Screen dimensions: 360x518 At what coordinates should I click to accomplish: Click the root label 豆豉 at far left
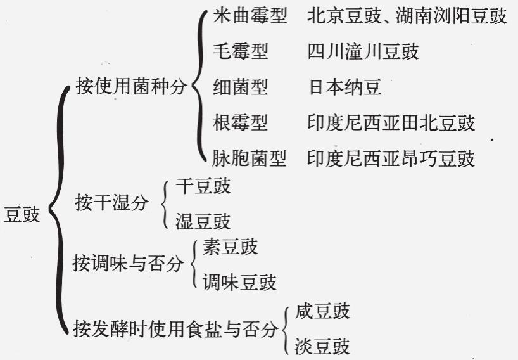(22, 214)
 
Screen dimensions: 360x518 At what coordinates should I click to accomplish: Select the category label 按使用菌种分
(132, 87)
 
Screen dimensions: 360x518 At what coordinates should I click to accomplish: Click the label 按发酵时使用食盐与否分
(175, 329)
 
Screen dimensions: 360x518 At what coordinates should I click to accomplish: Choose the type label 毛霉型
(241, 51)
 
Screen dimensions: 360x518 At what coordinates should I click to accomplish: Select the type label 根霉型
(241, 122)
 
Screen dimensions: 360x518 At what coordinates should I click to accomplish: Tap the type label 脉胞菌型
(250, 158)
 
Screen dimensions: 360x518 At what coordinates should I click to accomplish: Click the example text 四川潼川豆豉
(363, 51)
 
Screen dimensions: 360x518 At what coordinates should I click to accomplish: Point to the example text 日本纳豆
(345, 87)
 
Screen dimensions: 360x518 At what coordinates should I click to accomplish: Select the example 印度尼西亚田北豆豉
(391, 122)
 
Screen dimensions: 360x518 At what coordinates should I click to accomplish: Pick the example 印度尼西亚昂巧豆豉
(391, 158)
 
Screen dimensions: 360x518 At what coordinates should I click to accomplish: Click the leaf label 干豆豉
(203, 186)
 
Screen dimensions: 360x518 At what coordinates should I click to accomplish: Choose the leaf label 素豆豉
(231, 247)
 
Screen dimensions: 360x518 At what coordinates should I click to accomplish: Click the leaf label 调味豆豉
(239, 282)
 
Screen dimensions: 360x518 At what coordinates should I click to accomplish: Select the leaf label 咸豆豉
(322, 312)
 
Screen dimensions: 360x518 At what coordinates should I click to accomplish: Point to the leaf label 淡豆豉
(322, 347)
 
